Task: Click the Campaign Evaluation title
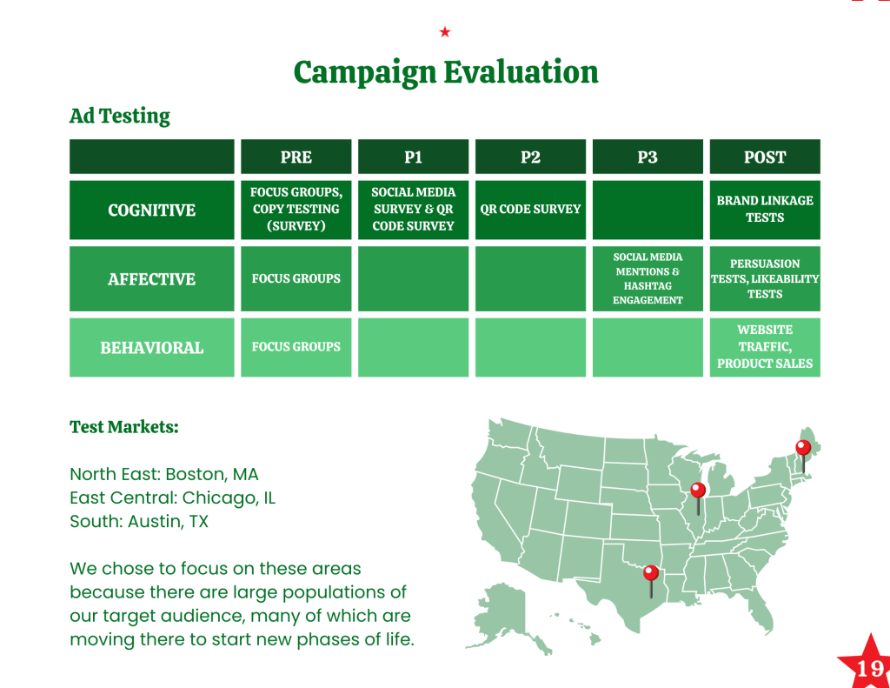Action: pyautogui.click(x=446, y=73)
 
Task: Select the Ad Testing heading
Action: pyautogui.click(x=120, y=116)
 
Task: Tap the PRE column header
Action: pyautogui.click(x=296, y=157)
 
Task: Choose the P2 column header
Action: pyautogui.click(x=530, y=157)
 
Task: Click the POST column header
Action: pyautogui.click(x=765, y=157)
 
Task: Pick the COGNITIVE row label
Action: pyautogui.click(x=151, y=210)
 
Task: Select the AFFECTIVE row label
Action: pyautogui.click(x=151, y=279)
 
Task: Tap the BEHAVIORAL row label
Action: pyautogui.click(x=151, y=348)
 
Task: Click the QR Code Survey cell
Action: pyautogui.click(x=530, y=210)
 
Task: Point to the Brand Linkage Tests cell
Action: pyautogui.click(x=765, y=210)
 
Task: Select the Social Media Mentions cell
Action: pyautogui.click(x=648, y=279)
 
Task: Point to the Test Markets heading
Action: pyautogui.click(x=123, y=427)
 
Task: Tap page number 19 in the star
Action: pyautogui.click(x=869, y=669)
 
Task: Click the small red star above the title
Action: pyautogui.click(x=445, y=32)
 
